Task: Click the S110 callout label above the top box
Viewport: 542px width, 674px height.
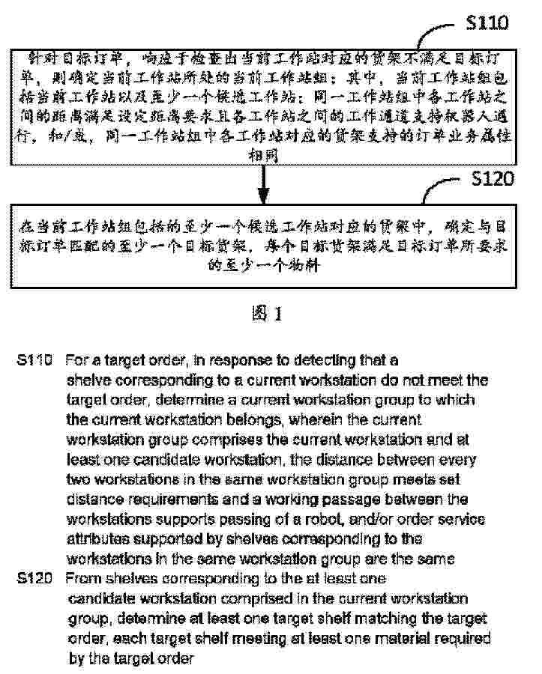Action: coord(487,23)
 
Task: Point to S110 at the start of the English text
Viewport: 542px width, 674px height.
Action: coord(34,360)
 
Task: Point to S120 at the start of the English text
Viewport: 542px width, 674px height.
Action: coord(34,579)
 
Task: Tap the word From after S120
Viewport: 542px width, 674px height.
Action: coord(82,579)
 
